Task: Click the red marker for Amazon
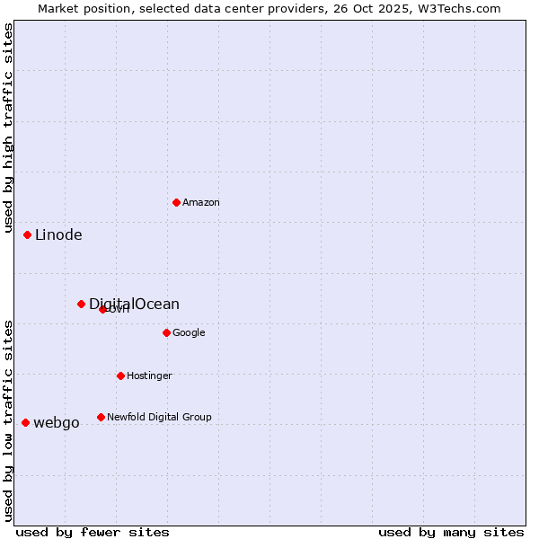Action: pos(176,202)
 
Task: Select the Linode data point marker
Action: pos(28,234)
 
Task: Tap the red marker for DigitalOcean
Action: pos(81,304)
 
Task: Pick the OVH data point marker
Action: pos(102,309)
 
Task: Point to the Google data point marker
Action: pos(166,332)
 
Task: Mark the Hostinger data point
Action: pos(120,376)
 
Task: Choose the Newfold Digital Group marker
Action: pos(101,417)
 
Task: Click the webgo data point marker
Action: pos(25,422)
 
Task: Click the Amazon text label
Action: pos(201,203)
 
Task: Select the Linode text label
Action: pos(58,235)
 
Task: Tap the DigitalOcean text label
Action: pos(134,304)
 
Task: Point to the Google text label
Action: pos(189,333)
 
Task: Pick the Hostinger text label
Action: pos(149,376)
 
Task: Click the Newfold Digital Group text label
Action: pos(159,418)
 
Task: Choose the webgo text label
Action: pos(56,423)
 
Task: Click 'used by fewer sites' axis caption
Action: pos(93,532)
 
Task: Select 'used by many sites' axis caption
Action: pos(451,532)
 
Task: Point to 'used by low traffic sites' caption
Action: pos(9,420)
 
